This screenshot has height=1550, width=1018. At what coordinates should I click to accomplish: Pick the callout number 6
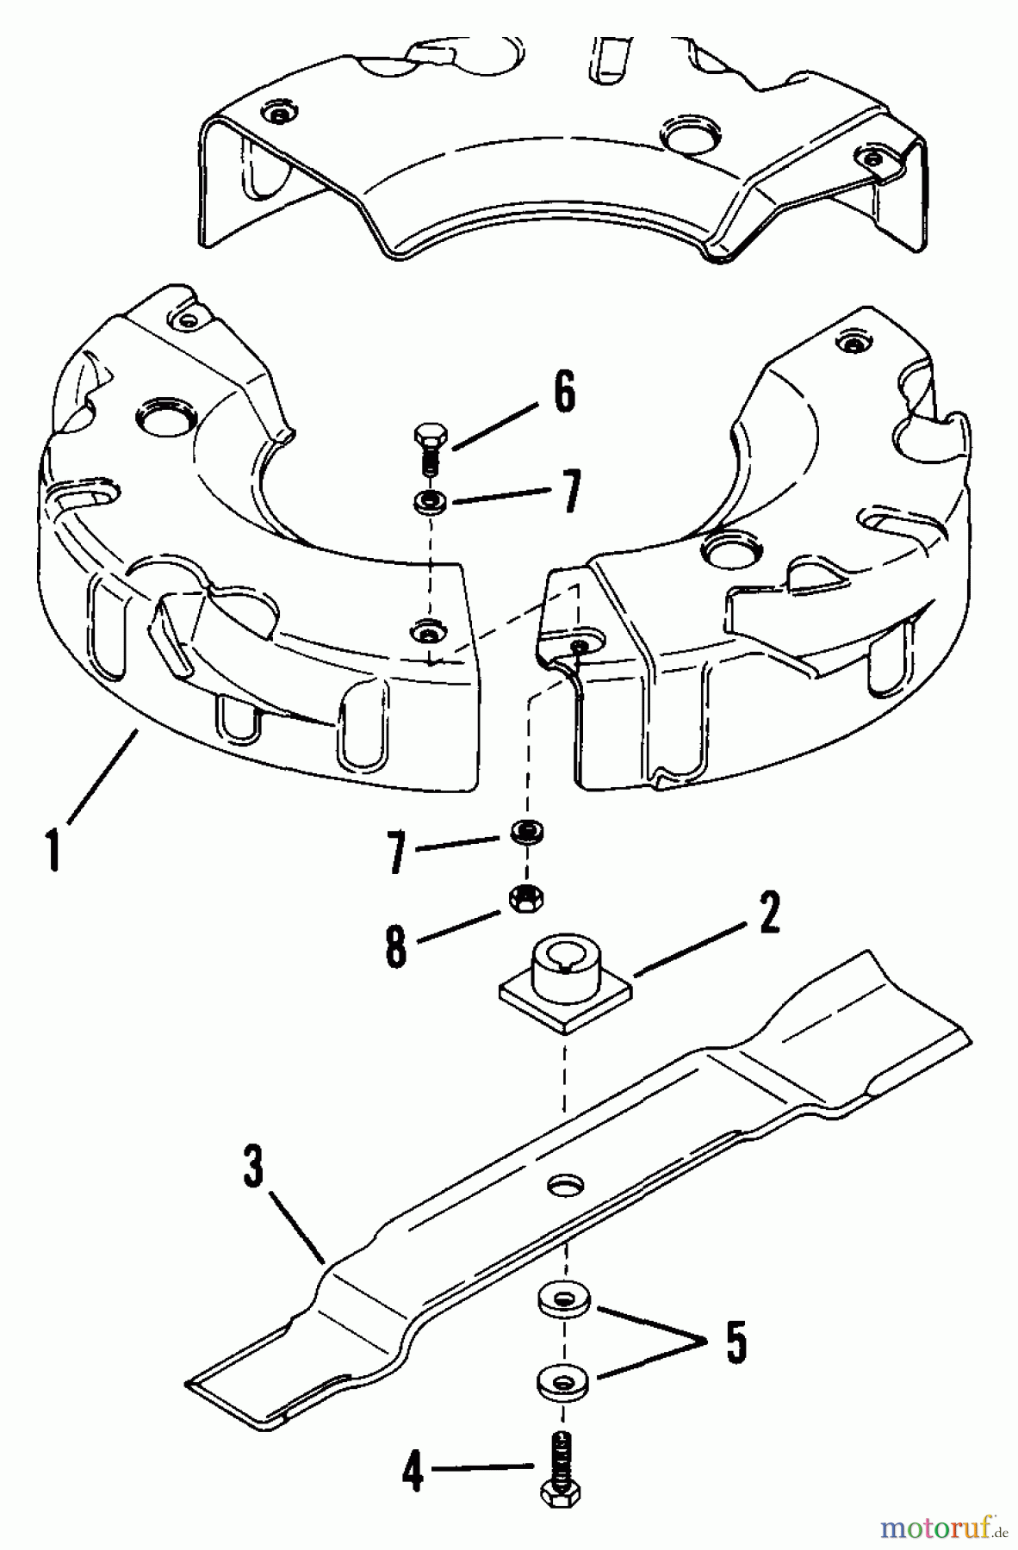[564, 393]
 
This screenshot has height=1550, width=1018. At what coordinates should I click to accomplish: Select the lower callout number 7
[398, 850]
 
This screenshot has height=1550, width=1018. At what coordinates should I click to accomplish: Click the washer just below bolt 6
[429, 501]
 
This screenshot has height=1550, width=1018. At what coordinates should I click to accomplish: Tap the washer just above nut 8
[525, 831]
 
